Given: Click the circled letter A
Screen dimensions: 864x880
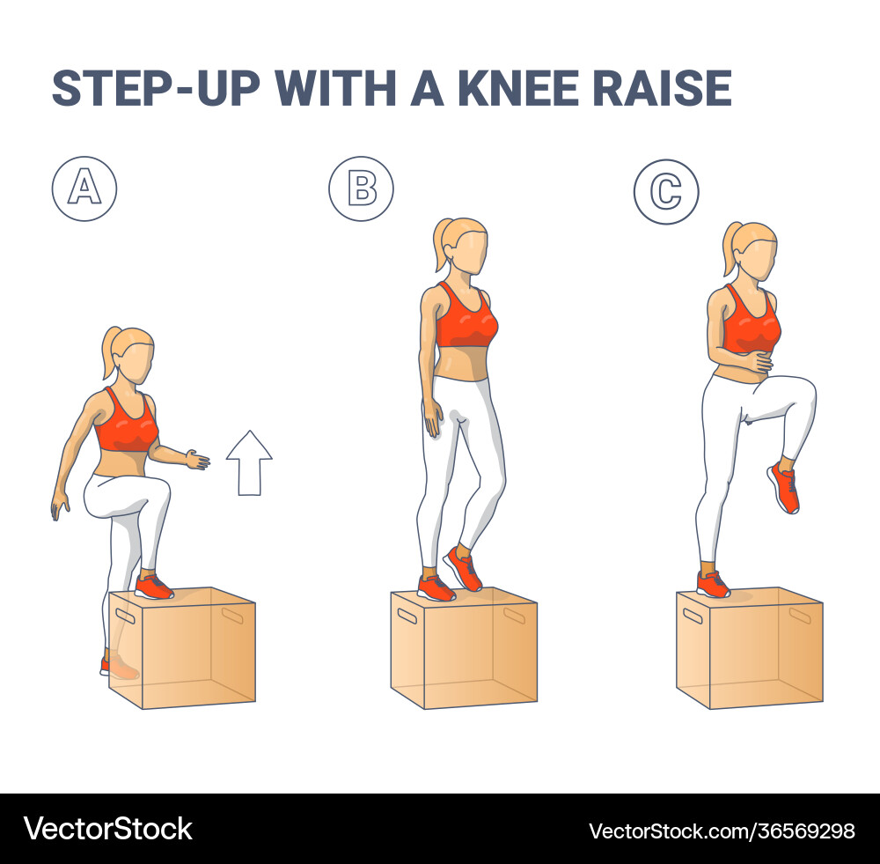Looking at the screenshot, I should coord(84,189).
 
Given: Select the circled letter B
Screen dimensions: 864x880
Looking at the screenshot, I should coord(361,188).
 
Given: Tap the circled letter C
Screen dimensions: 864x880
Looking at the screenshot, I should coord(666,191).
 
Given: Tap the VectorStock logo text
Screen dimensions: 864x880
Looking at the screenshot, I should coord(107,829).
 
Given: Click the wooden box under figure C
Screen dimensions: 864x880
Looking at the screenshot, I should coord(751,652).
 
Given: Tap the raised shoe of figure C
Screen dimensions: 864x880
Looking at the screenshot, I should coord(784,489).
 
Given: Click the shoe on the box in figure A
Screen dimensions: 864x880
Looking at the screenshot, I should coord(154,587).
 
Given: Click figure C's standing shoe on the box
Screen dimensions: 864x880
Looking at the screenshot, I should coord(712,584).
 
